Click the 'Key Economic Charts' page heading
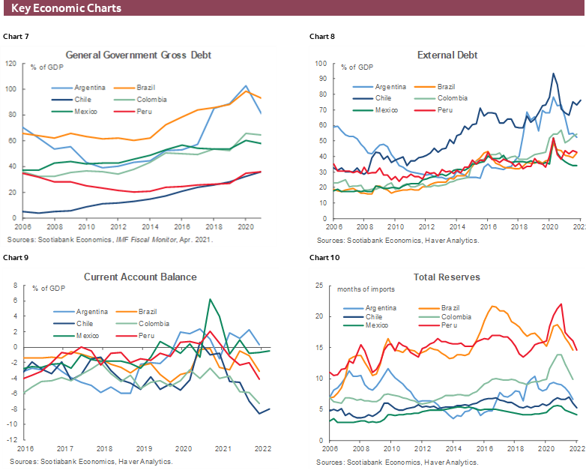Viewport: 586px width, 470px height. (67, 8)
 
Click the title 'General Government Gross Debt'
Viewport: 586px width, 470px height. (139, 55)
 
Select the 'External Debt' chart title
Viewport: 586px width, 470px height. (447, 55)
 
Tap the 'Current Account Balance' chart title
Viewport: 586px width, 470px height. (140, 277)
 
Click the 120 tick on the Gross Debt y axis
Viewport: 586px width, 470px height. (10, 63)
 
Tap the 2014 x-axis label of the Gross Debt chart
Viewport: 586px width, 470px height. (150, 226)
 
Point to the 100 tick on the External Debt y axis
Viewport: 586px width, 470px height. (319, 64)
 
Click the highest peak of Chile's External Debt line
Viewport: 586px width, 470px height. (553, 73)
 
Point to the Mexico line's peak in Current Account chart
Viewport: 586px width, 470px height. (211, 299)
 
